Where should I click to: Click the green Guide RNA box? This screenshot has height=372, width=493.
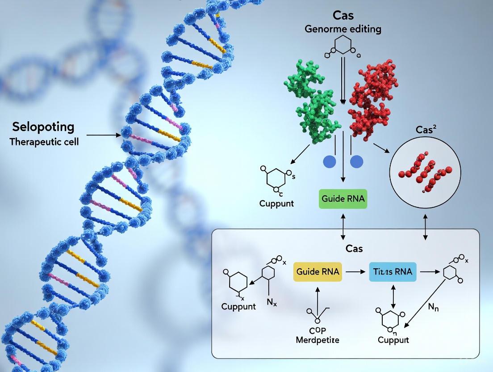point(343,199)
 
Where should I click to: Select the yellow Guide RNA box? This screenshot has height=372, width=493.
point(318,271)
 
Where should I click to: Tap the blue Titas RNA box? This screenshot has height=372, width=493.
point(393,271)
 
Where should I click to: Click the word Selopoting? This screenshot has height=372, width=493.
point(43,127)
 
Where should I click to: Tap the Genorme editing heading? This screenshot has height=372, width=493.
point(343,30)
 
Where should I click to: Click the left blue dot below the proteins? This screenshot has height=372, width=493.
point(329,161)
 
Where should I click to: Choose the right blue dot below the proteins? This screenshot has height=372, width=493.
point(357,161)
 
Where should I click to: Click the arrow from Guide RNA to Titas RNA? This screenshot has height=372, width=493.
point(355,271)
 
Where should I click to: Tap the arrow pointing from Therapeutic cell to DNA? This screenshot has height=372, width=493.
point(103,135)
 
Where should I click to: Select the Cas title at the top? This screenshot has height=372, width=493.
point(343,15)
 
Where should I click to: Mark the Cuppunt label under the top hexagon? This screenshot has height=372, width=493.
point(276,203)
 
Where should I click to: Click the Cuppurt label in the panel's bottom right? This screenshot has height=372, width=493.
point(393,340)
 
